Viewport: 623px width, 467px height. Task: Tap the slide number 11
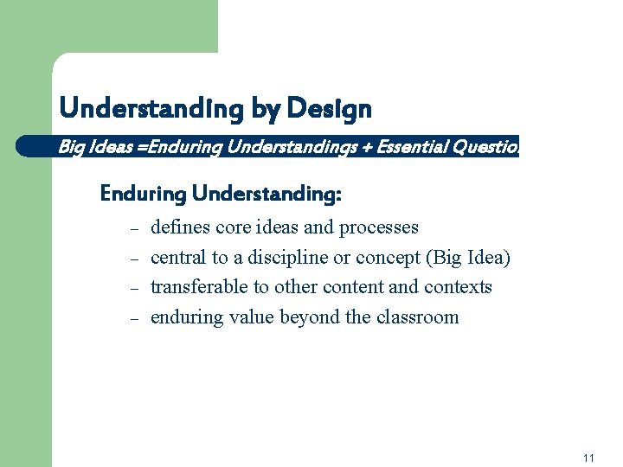tap(588, 457)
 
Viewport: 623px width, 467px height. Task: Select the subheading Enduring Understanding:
tap(221, 194)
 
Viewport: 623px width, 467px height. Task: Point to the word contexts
tap(458, 287)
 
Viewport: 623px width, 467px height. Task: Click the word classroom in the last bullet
tap(418, 317)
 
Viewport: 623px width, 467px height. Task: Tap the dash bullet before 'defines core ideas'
tap(134, 229)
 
